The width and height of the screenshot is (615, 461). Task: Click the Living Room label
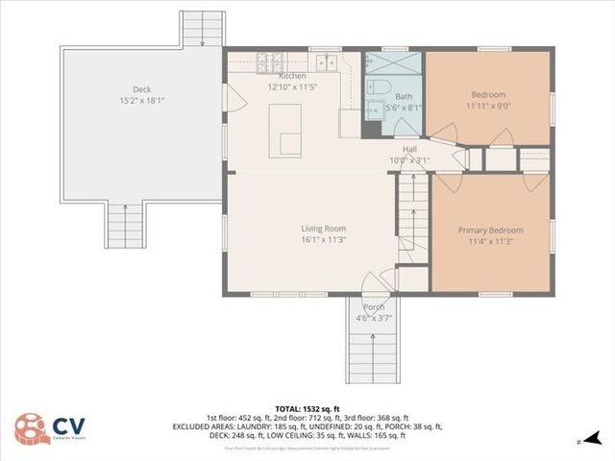[x=323, y=229]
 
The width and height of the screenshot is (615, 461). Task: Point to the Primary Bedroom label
[x=490, y=230]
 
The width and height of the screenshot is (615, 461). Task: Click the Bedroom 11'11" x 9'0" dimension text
[x=489, y=106]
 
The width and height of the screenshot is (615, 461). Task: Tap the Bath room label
[x=404, y=97]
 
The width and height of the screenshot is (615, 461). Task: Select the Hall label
[x=409, y=149]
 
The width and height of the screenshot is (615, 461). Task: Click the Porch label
[x=374, y=307]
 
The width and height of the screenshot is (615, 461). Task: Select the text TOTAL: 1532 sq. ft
[x=307, y=408]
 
